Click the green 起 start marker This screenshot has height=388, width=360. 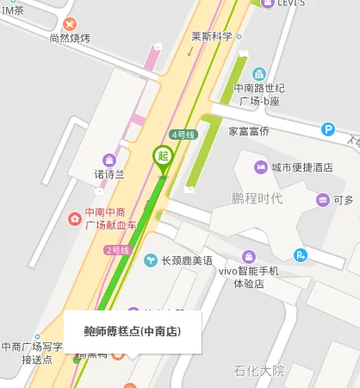click(162, 156)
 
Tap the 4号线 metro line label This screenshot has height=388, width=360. click(183, 135)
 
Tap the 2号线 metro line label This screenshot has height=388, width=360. click(117, 250)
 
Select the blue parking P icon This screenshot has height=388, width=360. click(327, 129)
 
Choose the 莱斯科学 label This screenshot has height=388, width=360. click(212, 36)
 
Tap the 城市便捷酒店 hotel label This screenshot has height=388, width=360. click(301, 166)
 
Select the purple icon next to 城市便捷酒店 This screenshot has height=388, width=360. click(259, 166)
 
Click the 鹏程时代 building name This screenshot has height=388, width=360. click(258, 199)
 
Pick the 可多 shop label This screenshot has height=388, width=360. click(344, 200)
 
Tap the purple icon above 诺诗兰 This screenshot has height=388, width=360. click(109, 160)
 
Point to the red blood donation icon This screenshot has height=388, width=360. click(76, 219)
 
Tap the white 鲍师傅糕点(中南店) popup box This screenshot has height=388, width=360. click(133, 331)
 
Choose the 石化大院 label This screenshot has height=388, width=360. click(259, 371)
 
